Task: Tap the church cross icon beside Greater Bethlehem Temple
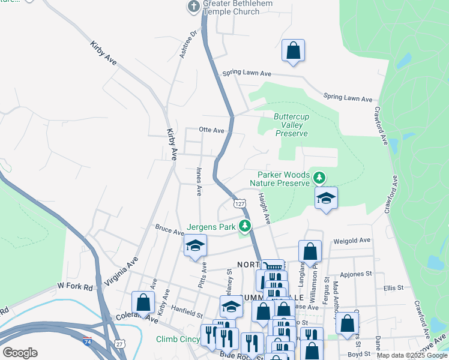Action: [193, 7]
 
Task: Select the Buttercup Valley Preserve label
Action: [291, 125]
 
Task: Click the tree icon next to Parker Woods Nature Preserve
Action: [320, 178]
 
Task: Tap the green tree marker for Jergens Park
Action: [244, 226]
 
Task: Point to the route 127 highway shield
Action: [240, 204]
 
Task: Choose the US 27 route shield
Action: [120, 344]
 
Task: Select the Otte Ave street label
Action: [211, 130]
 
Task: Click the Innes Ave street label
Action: [199, 182]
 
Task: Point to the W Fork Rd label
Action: [76, 287]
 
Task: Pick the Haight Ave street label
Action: [265, 206]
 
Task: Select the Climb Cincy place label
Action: [178, 339]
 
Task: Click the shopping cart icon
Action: [273, 268]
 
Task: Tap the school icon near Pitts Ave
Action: [195, 245]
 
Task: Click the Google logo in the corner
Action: [20, 353]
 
